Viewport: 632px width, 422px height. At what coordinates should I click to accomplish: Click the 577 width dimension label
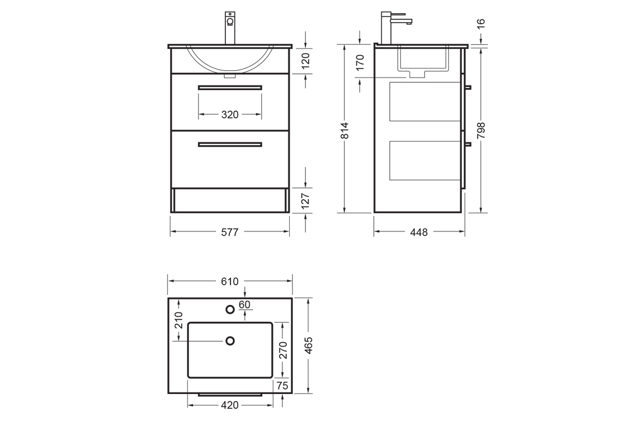[230, 232]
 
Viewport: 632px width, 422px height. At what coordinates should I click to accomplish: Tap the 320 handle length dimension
[230, 114]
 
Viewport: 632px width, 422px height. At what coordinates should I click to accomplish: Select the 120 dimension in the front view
[305, 60]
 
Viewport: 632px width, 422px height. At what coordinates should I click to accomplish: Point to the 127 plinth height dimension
[305, 200]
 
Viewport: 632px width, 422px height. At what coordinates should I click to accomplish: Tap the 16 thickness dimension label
[481, 24]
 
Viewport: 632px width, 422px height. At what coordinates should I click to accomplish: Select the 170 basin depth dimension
[360, 62]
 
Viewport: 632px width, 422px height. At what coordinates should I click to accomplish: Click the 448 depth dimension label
[419, 232]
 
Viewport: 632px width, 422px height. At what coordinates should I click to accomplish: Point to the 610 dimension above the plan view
[230, 282]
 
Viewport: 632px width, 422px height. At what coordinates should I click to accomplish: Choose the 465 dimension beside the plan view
[308, 346]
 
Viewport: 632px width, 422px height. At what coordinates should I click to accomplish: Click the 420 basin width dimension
[230, 406]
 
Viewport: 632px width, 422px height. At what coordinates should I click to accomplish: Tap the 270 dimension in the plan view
[282, 350]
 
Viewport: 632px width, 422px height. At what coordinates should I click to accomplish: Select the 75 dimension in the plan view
[282, 386]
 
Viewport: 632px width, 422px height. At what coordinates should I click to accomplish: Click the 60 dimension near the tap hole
[244, 304]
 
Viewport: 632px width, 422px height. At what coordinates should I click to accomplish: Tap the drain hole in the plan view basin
[230, 341]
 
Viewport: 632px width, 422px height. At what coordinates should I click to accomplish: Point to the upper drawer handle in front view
[230, 87]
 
